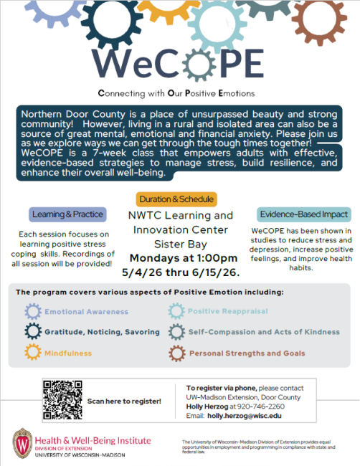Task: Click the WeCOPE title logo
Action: coord(179,65)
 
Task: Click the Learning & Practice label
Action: coord(69,214)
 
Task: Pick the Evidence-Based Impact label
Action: coord(303,214)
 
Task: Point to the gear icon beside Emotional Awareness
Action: coord(33,311)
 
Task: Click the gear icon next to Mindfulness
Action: coord(33,353)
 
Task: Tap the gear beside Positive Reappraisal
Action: coord(176,311)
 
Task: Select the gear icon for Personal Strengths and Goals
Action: coord(176,353)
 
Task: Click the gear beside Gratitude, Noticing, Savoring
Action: coord(33,332)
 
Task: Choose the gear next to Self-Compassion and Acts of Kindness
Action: coord(176,332)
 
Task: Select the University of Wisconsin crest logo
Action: coord(22,442)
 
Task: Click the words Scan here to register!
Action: coord(124,401)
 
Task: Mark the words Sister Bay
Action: coord(180,244)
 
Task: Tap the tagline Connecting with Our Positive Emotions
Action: coord(179,94)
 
